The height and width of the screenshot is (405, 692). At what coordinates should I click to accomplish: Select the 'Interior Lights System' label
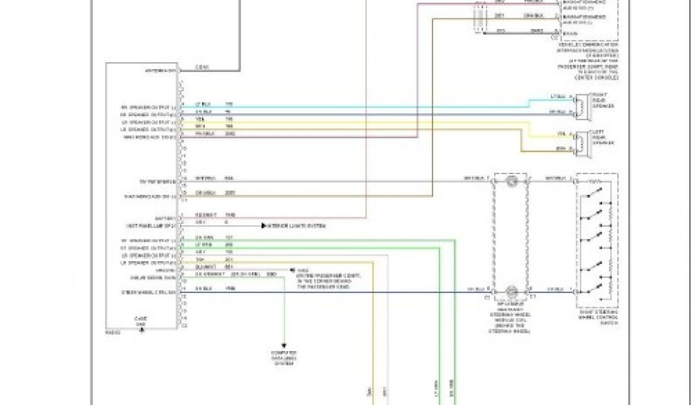[x=298, y=225]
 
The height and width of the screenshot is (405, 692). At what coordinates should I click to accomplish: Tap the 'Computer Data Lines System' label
[x=285, y=358]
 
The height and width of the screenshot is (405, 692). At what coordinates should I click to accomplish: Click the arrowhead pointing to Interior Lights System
[x=265, y=225]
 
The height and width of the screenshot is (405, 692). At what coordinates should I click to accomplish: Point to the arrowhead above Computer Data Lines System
[x=285, y=345]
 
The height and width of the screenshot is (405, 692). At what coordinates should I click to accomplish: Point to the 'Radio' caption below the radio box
[x=112, y=332]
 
